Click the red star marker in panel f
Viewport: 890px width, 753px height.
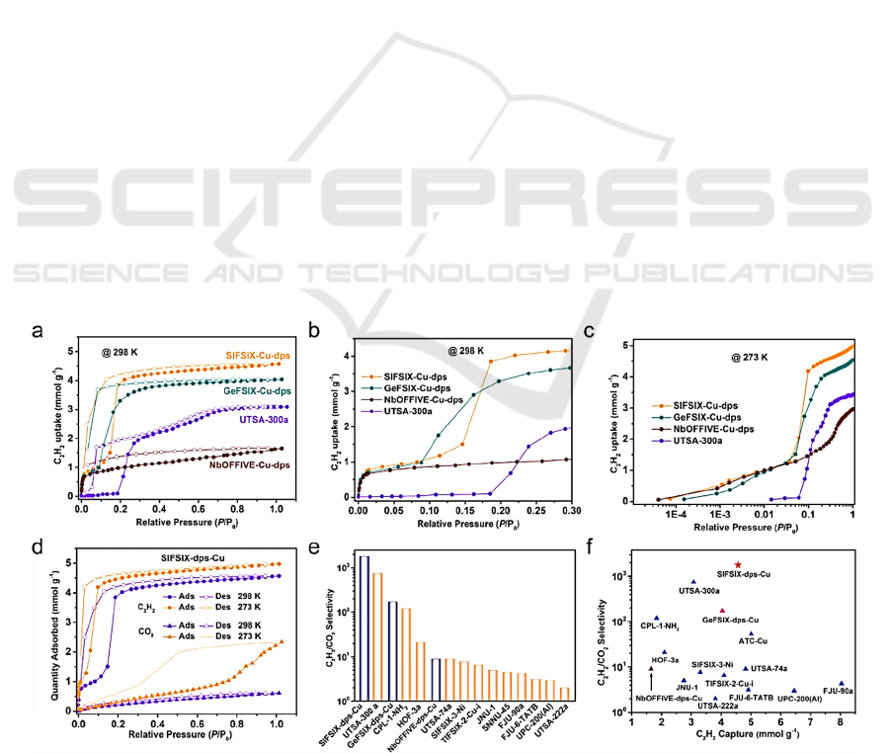[738, 564]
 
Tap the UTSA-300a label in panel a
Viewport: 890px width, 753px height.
[263, 420]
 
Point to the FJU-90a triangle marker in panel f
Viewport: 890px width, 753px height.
[842, 683]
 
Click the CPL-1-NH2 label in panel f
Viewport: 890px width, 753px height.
[659, 627]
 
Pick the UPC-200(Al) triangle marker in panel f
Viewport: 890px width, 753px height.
[794, 691]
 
